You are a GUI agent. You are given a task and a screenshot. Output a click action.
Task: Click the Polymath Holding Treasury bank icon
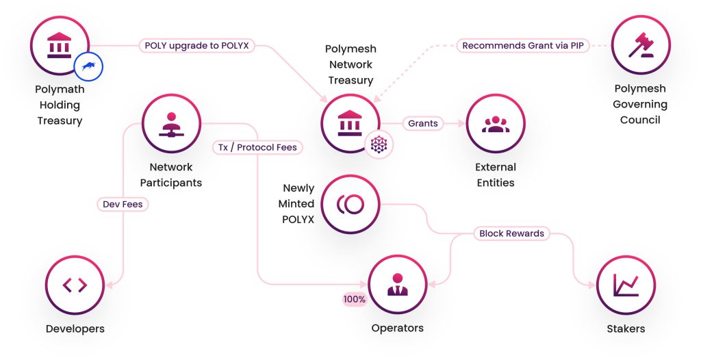[60, 46]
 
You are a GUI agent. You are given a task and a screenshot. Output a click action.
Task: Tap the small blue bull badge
[88, 66]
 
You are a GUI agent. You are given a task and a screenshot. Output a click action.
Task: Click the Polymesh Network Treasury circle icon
[350, 124]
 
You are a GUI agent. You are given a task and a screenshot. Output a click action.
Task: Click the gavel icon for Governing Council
[641, 46]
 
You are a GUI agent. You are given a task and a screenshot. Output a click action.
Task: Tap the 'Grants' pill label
[422, 124]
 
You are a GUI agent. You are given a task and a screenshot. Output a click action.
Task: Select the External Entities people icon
[495, 124]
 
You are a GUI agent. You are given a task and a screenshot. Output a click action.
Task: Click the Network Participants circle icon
[171, 124]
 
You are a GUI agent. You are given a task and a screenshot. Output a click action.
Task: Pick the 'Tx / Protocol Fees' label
[258, 147]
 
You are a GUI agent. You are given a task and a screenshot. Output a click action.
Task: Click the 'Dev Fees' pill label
[123, 204]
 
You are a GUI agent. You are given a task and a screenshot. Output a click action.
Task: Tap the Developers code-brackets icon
[75, 285]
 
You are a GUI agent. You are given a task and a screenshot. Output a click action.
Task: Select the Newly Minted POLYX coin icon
[350, 204]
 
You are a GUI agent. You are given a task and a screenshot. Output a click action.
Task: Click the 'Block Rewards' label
[511, 233]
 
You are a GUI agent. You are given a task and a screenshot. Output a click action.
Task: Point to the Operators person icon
[397, 285]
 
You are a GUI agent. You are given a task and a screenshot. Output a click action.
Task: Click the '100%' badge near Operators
[355, 300]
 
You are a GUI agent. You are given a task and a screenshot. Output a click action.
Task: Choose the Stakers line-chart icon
[626, 285]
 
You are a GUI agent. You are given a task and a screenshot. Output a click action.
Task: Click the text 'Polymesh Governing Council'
[640, 104]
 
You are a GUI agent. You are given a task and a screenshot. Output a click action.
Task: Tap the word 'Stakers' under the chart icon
[626, 329]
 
